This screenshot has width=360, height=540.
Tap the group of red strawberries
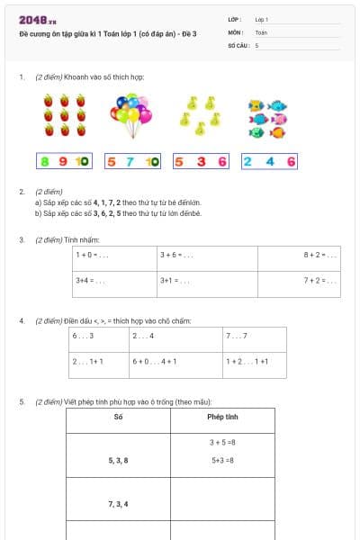65,115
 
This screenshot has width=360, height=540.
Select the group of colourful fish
269,119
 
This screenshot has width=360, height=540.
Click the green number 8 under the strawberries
46,162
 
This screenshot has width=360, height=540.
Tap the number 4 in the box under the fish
268,162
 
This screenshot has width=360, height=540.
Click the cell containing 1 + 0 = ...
114,256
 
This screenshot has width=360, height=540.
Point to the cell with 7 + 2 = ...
298,282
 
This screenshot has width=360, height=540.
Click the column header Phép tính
222,418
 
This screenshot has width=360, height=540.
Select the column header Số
118,418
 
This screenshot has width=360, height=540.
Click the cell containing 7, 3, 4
118,503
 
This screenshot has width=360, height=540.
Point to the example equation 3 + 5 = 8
222,443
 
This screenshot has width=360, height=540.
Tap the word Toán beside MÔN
262,31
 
